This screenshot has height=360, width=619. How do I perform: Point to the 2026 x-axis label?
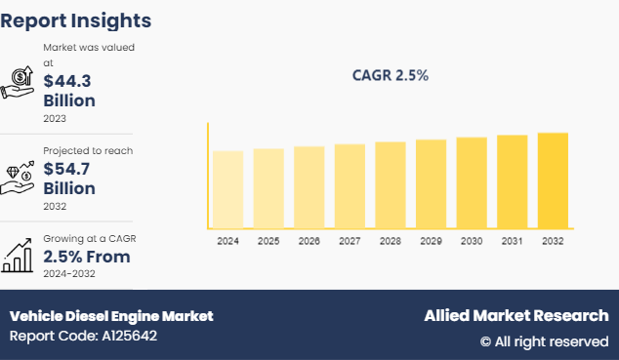coord(309,240)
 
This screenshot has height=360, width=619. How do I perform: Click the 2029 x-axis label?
coord(430,240)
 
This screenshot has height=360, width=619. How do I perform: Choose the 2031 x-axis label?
coord(512,240)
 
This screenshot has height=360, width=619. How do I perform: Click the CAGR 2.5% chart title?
coord(391,75)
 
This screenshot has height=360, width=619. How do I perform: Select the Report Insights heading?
coord(76,20)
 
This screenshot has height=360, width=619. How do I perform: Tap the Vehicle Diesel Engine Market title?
coord(111,316)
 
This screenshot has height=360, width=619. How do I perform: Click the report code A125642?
coord(83,337)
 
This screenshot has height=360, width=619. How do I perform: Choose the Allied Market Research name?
coord(516,316)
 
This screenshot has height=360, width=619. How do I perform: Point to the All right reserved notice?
coord(543,341)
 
